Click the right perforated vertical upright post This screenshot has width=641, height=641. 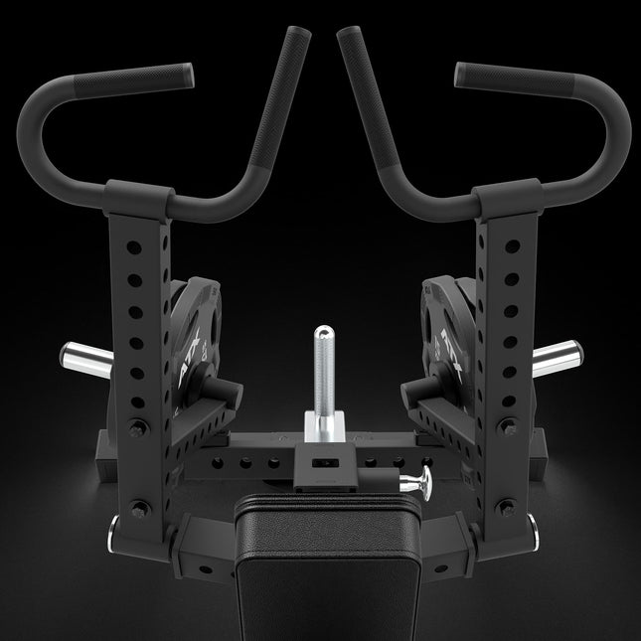[493, 328]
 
